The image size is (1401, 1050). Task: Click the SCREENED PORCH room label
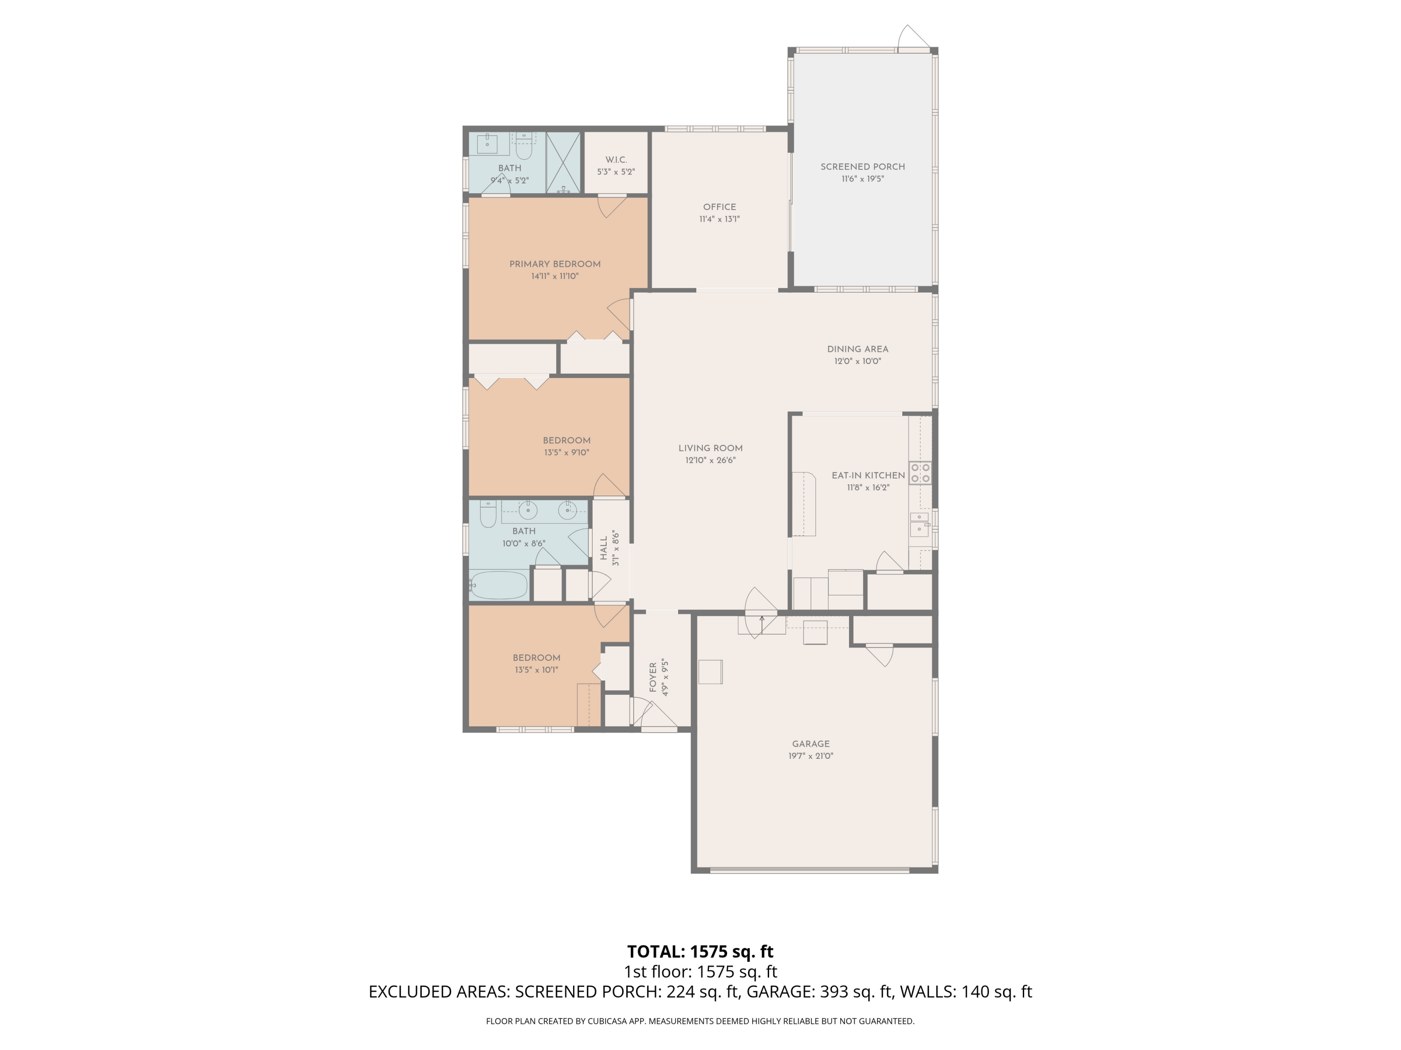click(862, 167)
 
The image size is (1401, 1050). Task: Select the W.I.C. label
click(616, 160)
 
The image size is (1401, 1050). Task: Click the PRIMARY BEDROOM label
click(555, 265)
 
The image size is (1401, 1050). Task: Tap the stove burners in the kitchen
click(920, 473)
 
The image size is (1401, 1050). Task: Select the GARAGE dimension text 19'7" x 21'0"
click(811, 756)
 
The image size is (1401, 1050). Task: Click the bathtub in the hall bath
click(498, 586)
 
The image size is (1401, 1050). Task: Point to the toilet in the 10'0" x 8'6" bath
click(487, 514)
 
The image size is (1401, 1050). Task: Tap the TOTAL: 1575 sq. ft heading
click(700, 951)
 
